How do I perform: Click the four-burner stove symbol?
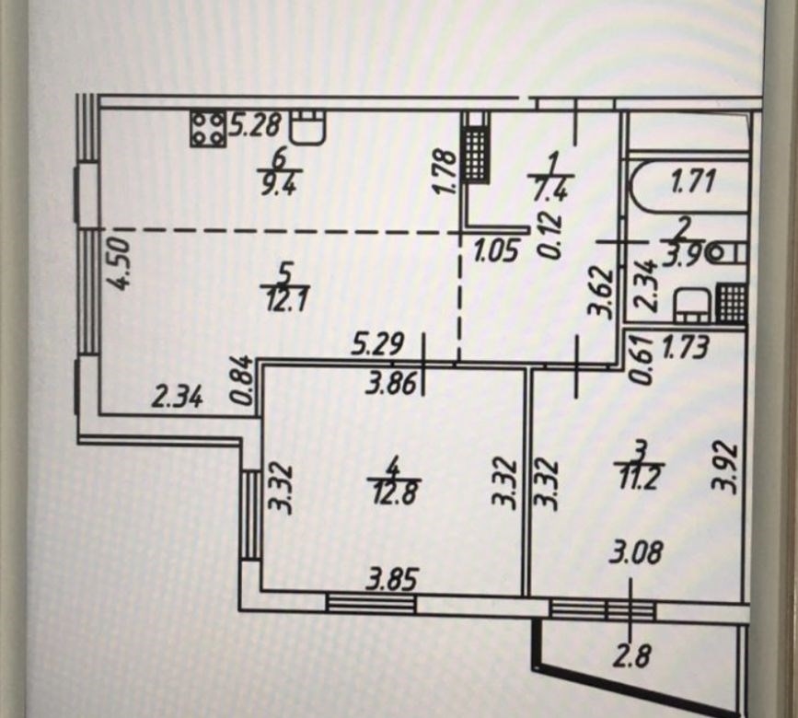click(208, 129)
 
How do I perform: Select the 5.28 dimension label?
click(254, 124)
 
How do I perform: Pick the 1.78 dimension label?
click(444, 171)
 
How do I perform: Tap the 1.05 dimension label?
click(496, 251)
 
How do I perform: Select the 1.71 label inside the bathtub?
click(694, 182)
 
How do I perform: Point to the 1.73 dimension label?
click(686, 348)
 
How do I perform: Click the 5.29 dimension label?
click(379, 344)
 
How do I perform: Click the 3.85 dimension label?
click(392, 580)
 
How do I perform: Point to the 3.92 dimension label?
click(723, 469)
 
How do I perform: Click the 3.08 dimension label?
click(635, 553)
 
